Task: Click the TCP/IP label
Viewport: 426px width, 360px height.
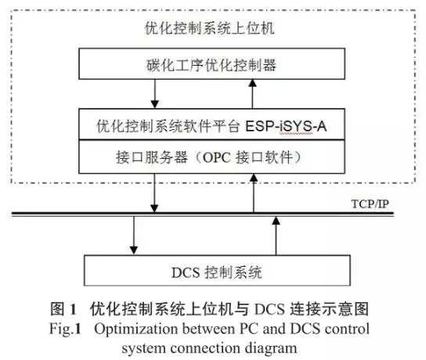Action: pos(370,204)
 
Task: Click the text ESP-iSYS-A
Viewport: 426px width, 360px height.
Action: pos(286,126)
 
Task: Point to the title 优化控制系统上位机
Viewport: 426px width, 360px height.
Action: pos(209,28)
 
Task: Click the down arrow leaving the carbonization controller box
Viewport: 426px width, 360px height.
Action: pos(154,94)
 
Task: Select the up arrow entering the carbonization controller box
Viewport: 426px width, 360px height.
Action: pos(253,94)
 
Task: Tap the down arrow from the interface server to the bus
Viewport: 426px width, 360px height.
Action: pos(154,193)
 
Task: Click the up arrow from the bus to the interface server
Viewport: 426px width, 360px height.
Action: pos(254,193)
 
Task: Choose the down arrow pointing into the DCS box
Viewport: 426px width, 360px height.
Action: pos(133,235)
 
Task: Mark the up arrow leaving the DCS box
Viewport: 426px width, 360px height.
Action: pos(276,236)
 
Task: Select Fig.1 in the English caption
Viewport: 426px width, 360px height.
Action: pos(65,329)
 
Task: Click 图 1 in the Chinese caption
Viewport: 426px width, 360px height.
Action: pos(63,309)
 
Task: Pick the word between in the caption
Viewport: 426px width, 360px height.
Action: pos(208,329)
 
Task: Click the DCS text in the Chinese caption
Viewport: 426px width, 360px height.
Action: pos(269,309)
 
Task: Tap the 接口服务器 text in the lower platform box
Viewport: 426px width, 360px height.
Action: pos(152,157)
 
